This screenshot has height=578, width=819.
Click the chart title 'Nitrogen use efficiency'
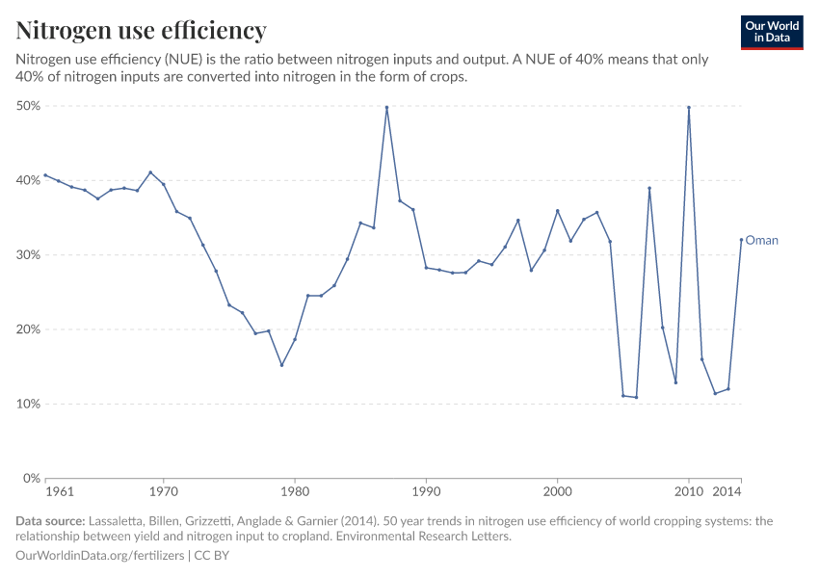(141, 31)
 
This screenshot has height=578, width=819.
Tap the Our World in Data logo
(772, 32)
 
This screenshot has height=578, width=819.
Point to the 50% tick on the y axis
(27, 106)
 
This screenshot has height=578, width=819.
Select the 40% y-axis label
(27, 180)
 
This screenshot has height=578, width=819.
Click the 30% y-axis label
(27, 255)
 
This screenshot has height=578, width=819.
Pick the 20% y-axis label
(27, 329)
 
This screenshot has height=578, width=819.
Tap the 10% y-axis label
(27, 404)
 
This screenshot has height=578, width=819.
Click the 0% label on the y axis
(31, 479)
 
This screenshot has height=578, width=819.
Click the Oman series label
(761, 241)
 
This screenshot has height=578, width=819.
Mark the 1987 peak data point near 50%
(386, 107)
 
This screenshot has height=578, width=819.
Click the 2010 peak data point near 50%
(689, 107)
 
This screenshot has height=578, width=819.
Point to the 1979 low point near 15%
(281, 365)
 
